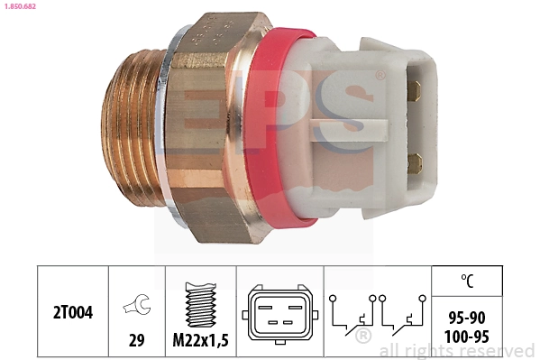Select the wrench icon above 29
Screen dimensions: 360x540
click(x=135, y=307)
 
